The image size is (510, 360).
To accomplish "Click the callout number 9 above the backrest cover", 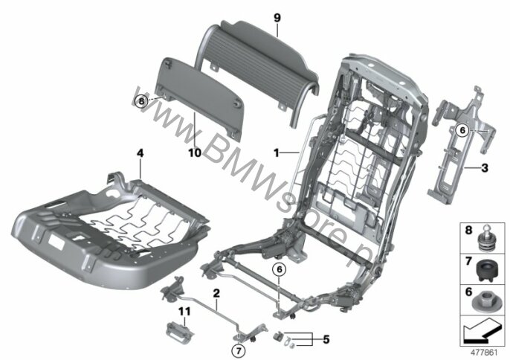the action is [277, 18].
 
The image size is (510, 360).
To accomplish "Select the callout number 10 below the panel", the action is [195, 152].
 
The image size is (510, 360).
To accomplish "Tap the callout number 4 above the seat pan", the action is [140, 153].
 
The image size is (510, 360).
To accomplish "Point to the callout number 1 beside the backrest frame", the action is [276, 152].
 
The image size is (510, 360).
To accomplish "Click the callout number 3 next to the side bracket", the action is [485, 168].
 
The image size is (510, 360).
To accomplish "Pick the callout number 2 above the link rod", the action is [216, 293].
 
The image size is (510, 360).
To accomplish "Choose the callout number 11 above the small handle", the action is [184, 312].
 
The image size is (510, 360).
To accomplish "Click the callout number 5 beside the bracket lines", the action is [326, 340].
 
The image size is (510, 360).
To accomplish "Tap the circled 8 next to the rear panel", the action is [141, 101].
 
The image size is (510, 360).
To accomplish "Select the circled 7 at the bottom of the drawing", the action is [238, 351].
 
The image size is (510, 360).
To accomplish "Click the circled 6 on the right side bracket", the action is [462, 130].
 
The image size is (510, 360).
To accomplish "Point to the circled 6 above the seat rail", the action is [280, 269].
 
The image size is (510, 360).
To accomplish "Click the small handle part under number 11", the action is [179, 331].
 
